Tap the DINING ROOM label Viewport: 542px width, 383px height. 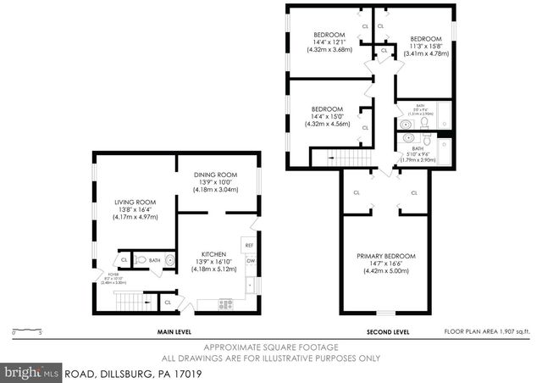pos(208,174)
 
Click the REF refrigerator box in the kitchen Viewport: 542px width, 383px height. pos(250,246)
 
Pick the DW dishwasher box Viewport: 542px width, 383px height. pos(251,261)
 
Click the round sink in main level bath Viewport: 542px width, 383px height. pos(169,260)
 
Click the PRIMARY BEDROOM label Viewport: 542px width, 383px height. pos(387,256)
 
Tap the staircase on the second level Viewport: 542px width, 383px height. pos(343,157)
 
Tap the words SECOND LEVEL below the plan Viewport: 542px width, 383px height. pos(388,332)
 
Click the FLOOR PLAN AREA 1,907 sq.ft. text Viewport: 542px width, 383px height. pos(487,332)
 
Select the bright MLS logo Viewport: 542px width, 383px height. pos(31,372)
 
